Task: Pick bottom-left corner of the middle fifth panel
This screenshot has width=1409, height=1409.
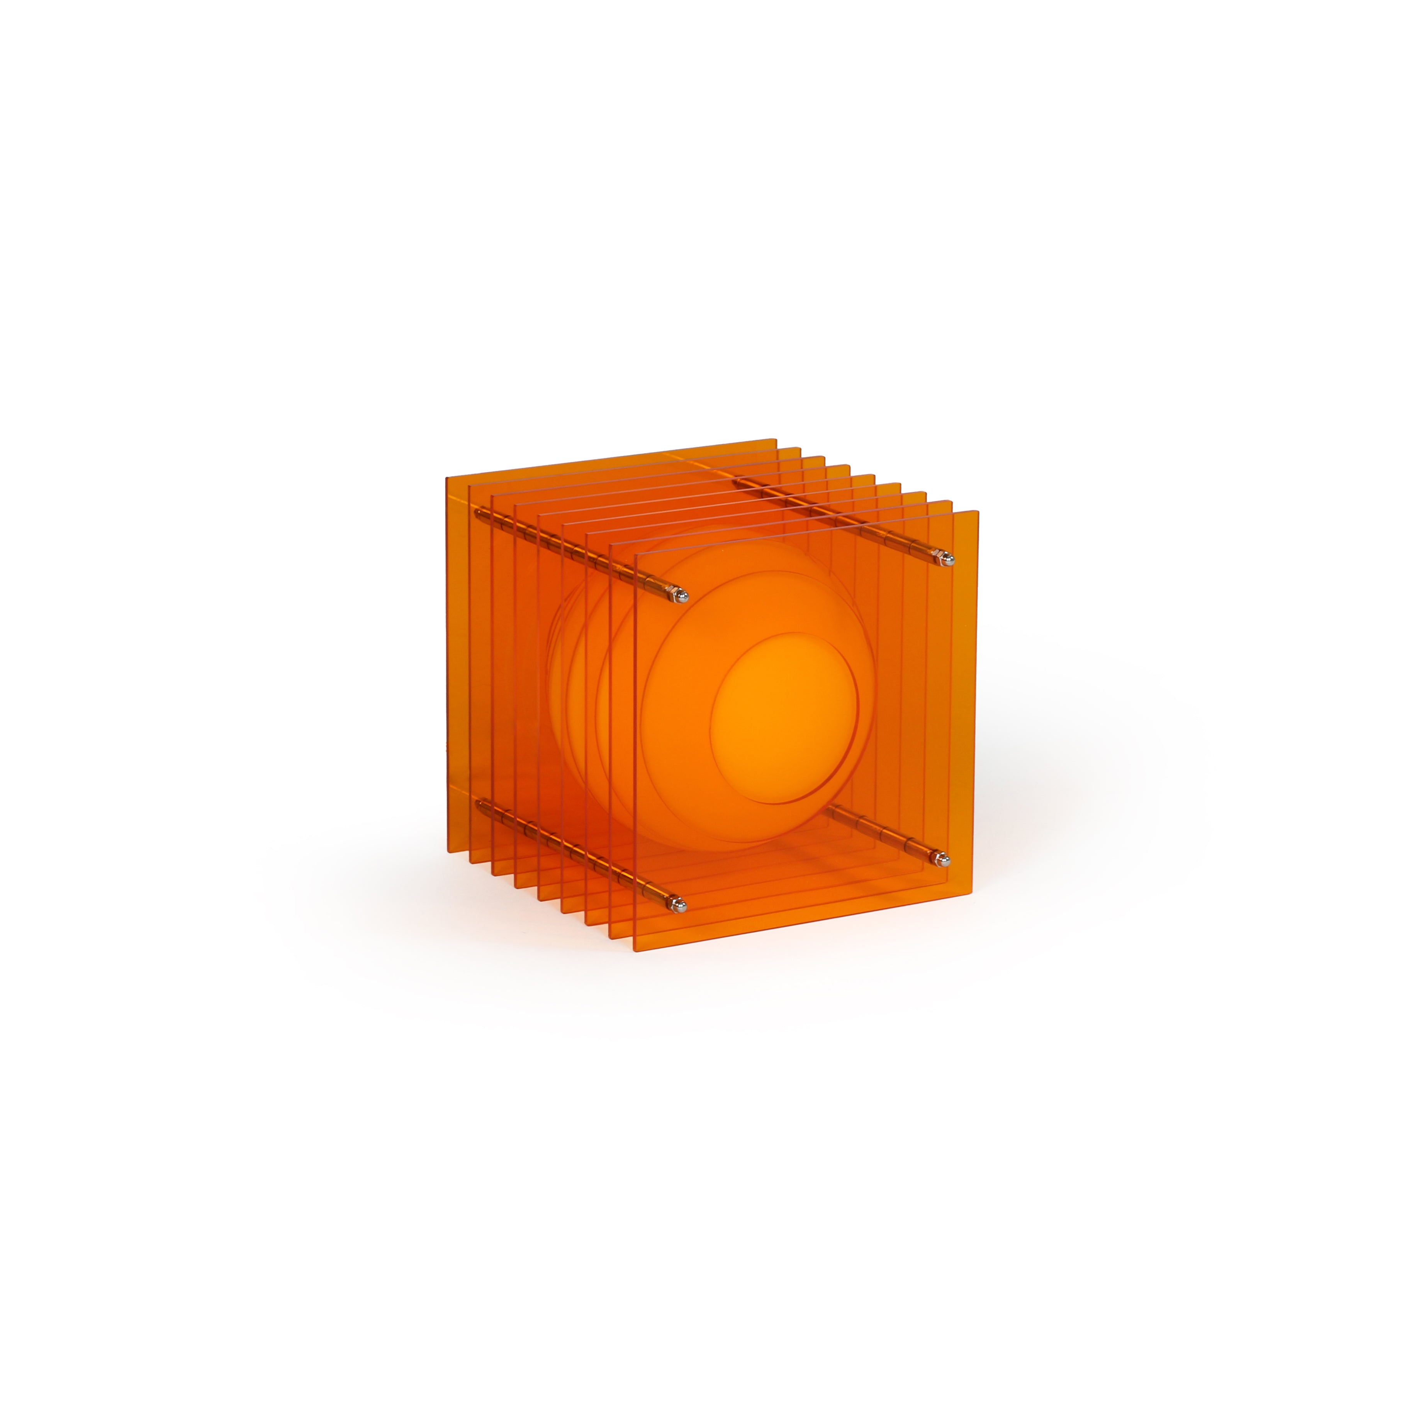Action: click(x=539, y=900)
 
